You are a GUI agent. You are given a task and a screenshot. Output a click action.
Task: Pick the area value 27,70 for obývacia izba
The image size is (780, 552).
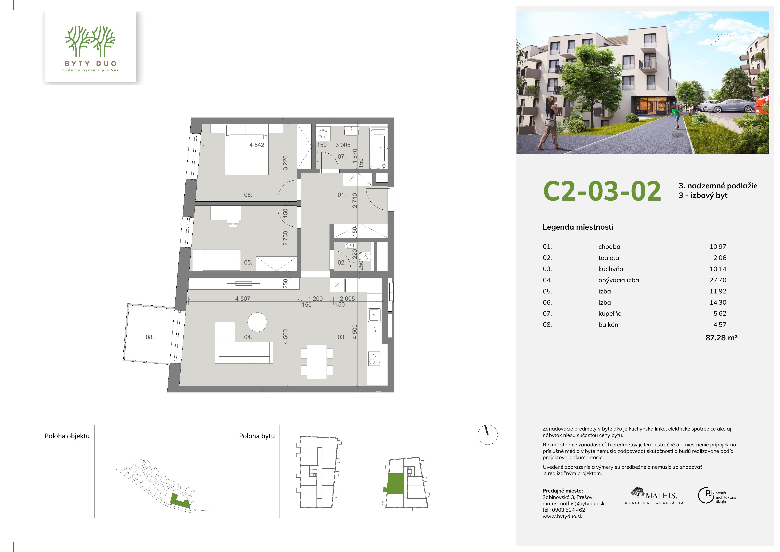(x=718, y=280)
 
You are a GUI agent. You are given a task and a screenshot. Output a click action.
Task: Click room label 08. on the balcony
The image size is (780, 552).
(x=150, y=337)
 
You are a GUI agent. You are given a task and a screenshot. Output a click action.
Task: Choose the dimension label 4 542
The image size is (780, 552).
(x=257, y=145)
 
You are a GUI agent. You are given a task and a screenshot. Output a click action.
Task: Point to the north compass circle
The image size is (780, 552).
(x=488, y=435)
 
